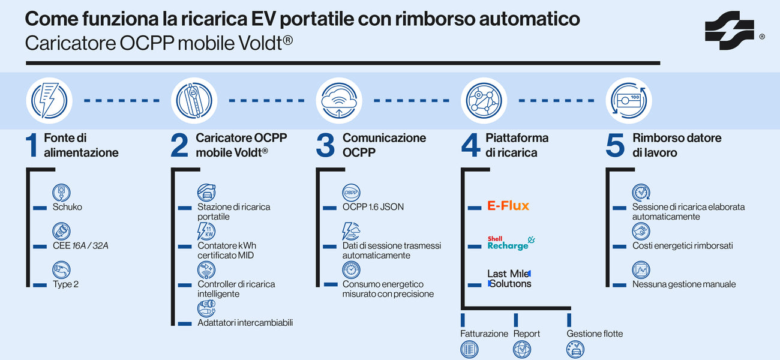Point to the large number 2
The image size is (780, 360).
coord(179,146)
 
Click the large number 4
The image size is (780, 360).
coord(470,146)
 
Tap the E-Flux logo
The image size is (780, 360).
coord(508,206)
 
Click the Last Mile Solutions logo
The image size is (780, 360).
coord(509,278)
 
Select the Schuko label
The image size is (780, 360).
coord(67,207)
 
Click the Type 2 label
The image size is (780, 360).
coord(65,284)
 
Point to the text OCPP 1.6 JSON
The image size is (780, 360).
coord(373,207)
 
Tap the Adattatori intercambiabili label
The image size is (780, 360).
coord(245,323)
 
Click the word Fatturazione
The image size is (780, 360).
coord(484,334)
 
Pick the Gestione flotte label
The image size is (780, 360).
coord(595,334)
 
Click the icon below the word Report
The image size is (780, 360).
coord(522,350)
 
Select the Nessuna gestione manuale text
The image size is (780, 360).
coord(683,284)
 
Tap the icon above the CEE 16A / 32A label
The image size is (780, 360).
coord(61,231)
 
